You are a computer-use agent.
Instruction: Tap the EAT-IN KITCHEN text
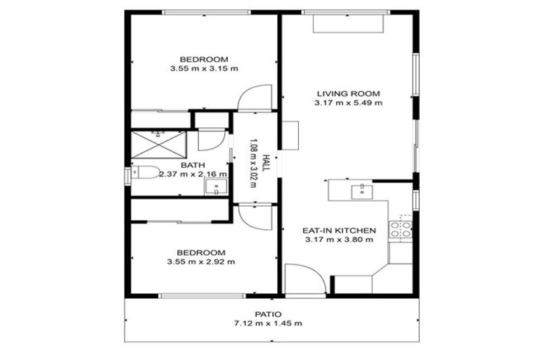pos(339,230)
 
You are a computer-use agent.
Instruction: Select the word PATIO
pos(268,314)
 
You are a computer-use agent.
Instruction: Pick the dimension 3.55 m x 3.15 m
pos(203,68)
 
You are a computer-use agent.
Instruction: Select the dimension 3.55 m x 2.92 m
pos(201,262)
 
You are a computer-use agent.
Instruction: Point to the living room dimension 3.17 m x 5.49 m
pos(348,103)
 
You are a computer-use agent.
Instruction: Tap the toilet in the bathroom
pos(145,173)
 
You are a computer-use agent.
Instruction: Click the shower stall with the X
pos(159,143)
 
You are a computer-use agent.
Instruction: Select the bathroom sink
pos(215,186)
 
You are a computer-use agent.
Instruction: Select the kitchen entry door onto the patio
pos(305,280)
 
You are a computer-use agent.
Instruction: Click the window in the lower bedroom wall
pos(191,295)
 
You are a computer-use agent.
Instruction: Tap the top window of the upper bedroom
pos(205,11)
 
